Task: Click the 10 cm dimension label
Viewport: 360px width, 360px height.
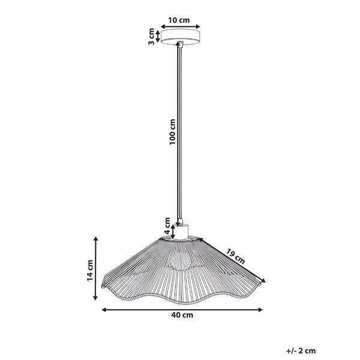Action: [179, 20]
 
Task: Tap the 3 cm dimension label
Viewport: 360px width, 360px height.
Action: [152, 37]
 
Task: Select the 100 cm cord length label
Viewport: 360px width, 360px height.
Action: [173, 131]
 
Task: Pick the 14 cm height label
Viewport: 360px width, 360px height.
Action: [90, 270]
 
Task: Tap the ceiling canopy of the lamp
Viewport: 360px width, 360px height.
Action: [179, 38]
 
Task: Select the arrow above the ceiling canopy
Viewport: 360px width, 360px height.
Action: [179, 28]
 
